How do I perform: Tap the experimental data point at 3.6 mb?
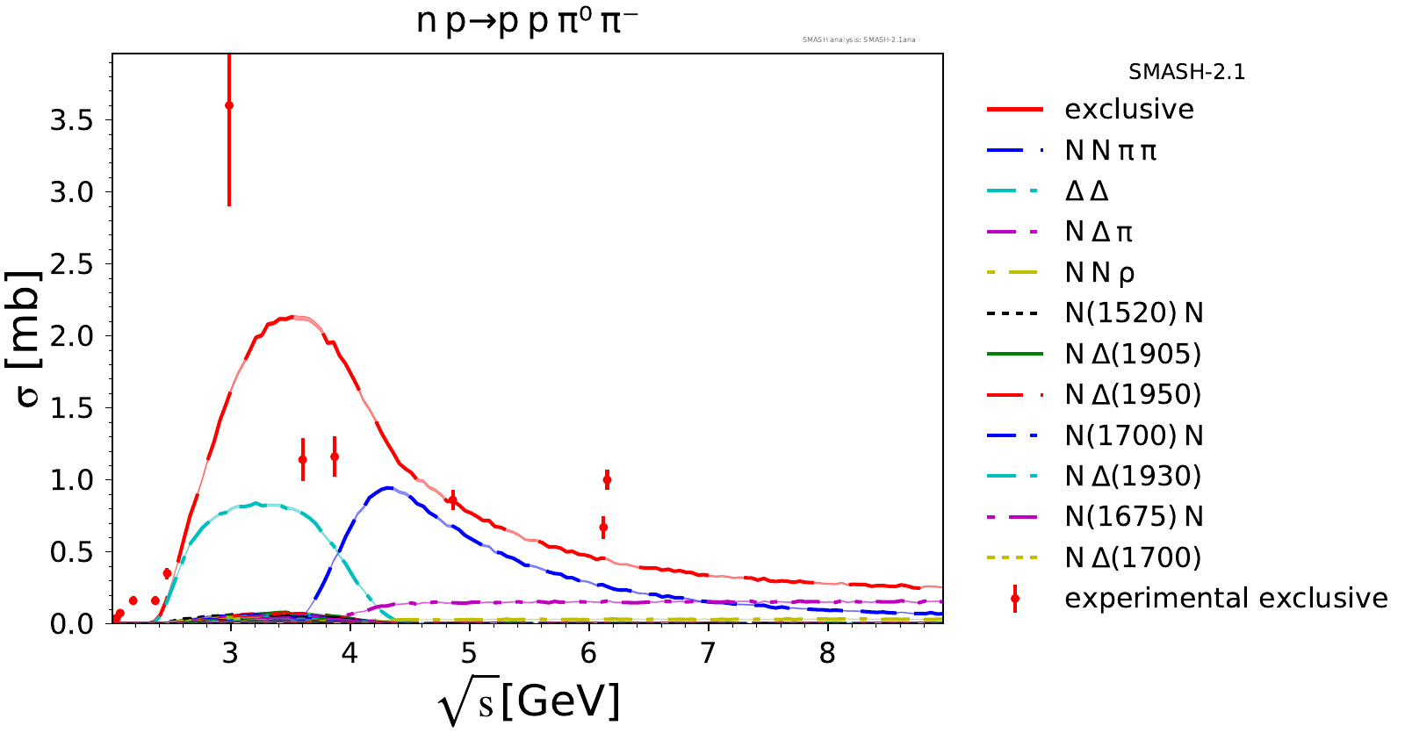coord(229,105)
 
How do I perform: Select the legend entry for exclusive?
coord(1129,110)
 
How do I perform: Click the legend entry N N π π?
coord(1111,151)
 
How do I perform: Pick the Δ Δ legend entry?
coord(1086,191)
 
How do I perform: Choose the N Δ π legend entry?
coord(1099,232)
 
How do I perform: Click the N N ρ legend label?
coord(1099,273)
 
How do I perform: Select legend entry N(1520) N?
coord(1134,313)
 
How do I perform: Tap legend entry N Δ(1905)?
coord(1133,354)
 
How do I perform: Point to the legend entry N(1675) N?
coord(1134,516)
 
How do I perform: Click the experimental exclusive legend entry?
coord(1226,598)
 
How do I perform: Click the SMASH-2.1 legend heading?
coord(1187,72)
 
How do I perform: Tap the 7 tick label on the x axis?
coord(708,654)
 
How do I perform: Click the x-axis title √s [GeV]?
coord(529,702)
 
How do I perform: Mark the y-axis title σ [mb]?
coord(28,338)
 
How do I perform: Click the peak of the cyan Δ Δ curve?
coord(256,503)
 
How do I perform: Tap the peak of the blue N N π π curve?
coord(387,487)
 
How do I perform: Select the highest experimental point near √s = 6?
coord(607,479)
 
